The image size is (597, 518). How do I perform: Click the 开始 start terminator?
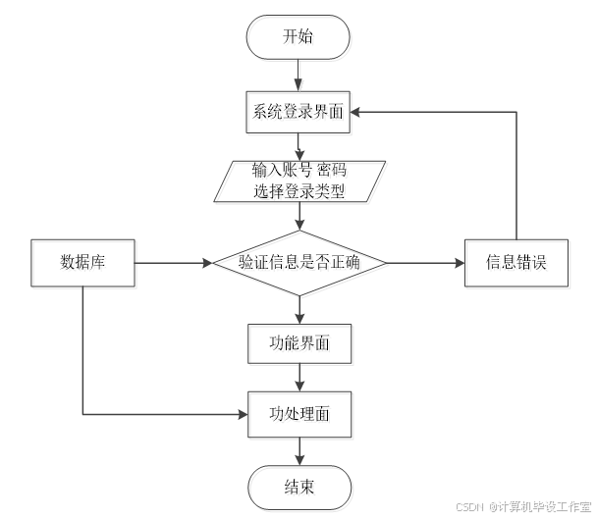coord(299,39)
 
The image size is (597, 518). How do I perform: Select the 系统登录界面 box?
coord(299,113)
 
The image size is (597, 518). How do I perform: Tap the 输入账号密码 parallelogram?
coord(299,182)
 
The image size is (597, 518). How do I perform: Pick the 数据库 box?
coord(84,264)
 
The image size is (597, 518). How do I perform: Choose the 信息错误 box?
coord(517,264)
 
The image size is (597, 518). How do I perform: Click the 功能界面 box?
coord(299,344)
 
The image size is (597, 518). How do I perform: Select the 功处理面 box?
coord(299,415)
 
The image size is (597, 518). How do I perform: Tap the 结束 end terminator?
coord(299,488)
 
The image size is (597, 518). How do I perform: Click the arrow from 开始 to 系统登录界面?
coord(299,76)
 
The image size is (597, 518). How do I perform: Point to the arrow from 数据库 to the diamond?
coord(175,264)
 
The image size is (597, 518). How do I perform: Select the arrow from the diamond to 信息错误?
coord(427,264)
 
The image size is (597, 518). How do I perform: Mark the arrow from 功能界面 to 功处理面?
coord(299,379)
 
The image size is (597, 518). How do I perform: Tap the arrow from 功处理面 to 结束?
coord(299,451)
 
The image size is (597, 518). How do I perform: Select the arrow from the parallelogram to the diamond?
coord(299,218)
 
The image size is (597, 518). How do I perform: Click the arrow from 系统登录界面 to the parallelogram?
coord(299,146)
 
